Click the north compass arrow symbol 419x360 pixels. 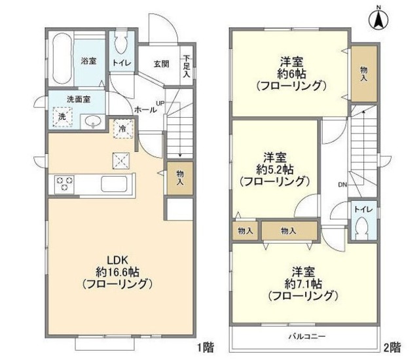point(378,19)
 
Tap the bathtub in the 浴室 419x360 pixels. point(62,59)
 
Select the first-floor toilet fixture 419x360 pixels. point(120,44)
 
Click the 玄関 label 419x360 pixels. point(162,64)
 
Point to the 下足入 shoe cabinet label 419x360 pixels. point(187,66)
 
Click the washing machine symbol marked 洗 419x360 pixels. point(62,117)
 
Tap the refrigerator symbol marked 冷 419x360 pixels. point(123,129)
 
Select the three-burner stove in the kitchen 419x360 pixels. point(64,184)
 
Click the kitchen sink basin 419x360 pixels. point(113,185)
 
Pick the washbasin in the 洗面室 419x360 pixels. point(93,122)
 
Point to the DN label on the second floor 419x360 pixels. point(342,185)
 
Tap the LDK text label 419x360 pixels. point(118,260)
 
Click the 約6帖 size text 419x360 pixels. point(291,74)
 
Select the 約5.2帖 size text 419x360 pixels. point(275,170)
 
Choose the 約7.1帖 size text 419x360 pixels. point(303,284)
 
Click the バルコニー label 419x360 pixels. point(307,336)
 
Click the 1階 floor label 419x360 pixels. point(205,348)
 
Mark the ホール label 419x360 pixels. point(145,109)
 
